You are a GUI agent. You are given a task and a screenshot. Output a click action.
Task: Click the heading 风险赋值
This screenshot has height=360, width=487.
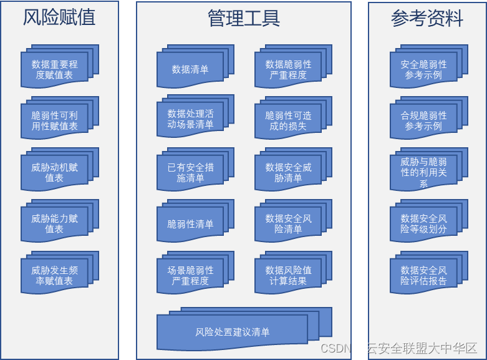pos(59,17)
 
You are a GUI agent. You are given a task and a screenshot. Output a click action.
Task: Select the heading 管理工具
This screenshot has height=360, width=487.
pos(243,18)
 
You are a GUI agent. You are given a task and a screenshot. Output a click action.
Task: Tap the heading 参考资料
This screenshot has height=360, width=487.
pos(427,18)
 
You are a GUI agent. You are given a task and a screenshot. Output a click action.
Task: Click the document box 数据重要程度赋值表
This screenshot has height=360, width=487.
pos(54,69)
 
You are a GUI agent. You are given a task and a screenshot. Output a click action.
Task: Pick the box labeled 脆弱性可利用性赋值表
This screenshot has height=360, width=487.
pos(54,121)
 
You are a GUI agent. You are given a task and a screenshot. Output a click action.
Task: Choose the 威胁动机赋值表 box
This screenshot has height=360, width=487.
pos(54,172)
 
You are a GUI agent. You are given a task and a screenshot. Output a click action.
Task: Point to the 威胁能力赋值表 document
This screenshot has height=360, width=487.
pos(54,223)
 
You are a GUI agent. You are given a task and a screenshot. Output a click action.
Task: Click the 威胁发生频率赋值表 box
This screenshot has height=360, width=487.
pos(54,275)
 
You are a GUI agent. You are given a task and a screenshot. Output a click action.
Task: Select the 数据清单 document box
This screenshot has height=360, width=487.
pos(190,69)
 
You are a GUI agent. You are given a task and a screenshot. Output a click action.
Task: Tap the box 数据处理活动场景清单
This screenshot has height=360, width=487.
pos(190,119)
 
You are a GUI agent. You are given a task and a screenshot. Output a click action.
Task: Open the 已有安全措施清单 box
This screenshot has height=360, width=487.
pos(190,172)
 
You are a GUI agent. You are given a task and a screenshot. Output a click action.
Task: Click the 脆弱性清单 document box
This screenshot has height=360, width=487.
pos(190,224)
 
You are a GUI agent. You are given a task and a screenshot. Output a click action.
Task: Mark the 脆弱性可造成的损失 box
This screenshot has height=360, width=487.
pos(288,120)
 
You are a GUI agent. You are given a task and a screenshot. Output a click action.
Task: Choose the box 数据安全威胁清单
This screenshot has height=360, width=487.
pos(288,172)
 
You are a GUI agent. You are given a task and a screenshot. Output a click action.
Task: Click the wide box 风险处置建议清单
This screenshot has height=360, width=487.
pos(232,331)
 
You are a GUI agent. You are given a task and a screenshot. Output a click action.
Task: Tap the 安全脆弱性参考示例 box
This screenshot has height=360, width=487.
pos(423,69)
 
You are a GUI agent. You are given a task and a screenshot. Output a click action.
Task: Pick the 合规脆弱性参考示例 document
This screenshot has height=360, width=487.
pos(423,121)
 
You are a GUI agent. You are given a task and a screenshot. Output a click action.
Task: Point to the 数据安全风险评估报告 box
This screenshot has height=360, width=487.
pos(423,275)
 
